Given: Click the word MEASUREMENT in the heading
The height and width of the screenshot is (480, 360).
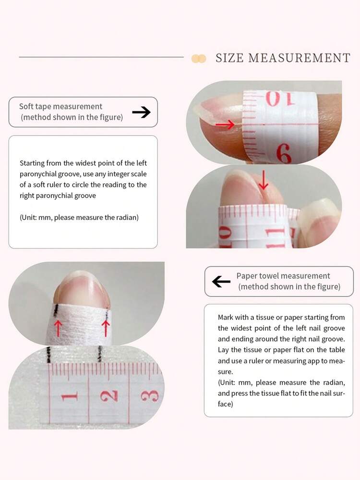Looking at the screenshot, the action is [x=299, y=58].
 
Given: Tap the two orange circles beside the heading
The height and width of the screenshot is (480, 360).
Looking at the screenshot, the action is [x=199, y=59].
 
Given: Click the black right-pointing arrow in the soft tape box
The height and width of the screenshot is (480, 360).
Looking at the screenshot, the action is [x=141, y=112].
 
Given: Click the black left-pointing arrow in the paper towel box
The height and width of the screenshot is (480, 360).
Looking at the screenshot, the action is [x=221, y=282].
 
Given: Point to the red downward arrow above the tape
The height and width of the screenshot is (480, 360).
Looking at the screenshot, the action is [x=264, y=180].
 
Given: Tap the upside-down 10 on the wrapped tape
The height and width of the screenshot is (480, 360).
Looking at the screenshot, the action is [x=280, y=98].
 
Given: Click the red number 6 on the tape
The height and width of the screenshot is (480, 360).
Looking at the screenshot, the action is [x=284, y=153].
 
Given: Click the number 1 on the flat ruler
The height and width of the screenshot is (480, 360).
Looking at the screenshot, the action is [x=69, y=397].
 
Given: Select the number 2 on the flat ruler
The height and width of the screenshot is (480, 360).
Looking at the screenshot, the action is [x=109, y=395].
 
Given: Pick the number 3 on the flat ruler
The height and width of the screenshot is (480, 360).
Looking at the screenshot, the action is [x=150, y=395].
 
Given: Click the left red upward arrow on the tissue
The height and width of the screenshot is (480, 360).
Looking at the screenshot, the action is [x=58, y=328].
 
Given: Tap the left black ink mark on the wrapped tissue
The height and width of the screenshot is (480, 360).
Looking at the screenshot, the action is [x=56, y=310].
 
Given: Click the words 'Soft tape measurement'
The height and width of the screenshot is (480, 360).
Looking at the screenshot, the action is [x=60, y=107].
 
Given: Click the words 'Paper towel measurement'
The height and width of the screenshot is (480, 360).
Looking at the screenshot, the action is [x=283, y=276].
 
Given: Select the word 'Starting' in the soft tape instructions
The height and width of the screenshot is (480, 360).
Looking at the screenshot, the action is [x=32, y=163].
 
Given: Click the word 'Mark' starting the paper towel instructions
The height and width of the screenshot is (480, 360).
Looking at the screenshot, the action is [x=225, y=317].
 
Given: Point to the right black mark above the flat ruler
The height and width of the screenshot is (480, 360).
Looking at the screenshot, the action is [x=99, y=354].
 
